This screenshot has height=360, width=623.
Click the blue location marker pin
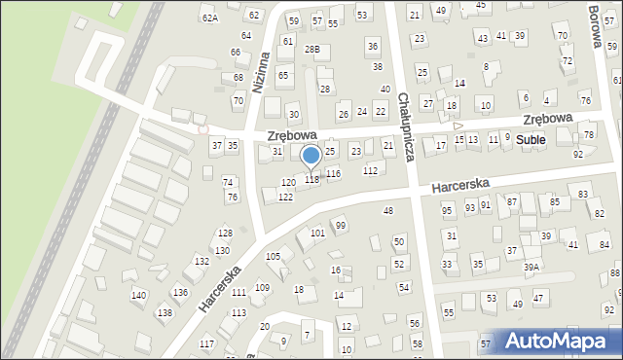click(x=311, y=156)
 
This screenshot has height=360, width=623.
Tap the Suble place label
click(x=531, y=140)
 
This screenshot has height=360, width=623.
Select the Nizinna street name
click(x=259, y=73)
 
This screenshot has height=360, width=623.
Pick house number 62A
click(x=209, y=18)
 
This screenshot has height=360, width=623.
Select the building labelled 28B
click(x=311, y=49)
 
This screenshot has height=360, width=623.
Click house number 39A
click(x=531, y=267)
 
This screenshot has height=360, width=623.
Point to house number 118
click(x=311, y=179)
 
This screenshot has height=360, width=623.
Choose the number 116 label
click(x=333, y=173)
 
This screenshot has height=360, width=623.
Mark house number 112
click(x=370, y=170)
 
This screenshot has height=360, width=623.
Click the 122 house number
click(x=285, y=197)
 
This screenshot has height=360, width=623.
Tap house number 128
click(x=225, y=233)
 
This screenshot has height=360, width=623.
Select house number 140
click(x=138, y=295)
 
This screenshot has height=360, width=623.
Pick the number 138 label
click(x=165, y=312)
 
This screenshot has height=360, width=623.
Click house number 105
click(x=273, y=256)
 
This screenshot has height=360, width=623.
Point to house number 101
click(x=317, y=234)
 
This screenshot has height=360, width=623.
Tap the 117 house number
click(x=206, y=344)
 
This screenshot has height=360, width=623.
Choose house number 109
click(x=262, y=287)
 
